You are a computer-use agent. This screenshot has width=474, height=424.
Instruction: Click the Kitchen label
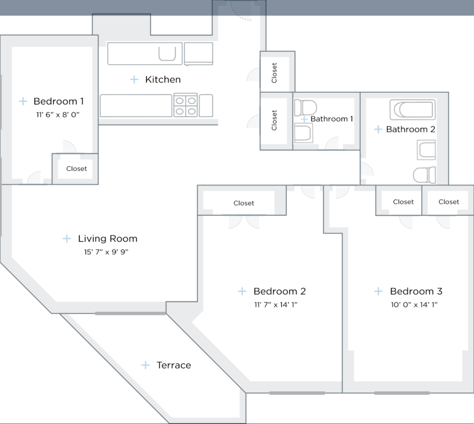[163, 79]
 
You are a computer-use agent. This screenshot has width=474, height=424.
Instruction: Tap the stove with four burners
[186, 106]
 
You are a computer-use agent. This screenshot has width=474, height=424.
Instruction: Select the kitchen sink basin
[167, 54]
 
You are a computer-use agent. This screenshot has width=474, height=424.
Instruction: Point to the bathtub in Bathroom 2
[413, 110]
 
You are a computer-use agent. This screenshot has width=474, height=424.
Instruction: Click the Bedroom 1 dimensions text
[58, 114]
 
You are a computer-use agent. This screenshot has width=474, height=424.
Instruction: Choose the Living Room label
[108, 239]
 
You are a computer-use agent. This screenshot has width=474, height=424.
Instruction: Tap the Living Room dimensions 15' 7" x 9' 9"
[106, 252]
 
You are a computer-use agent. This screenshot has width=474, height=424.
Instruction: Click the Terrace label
[174, 365]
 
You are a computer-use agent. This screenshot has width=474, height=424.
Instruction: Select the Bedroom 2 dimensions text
[275, 304]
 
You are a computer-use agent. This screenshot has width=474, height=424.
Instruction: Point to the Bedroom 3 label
[416, 291]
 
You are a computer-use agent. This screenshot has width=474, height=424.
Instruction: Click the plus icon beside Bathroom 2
[378, 129]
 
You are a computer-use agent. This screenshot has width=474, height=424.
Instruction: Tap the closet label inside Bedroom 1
[76, 169]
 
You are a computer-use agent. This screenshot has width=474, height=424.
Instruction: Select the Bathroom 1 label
[332, 119]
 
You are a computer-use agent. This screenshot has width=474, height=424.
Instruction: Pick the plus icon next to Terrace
[146, 365]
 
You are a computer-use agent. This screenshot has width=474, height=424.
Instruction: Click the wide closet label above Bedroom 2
[244, 203]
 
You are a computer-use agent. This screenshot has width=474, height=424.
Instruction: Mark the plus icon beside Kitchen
[134, 79]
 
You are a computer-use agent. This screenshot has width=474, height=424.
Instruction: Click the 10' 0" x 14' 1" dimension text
[414, 304]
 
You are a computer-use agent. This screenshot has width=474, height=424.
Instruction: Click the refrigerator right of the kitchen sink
[199, 53]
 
